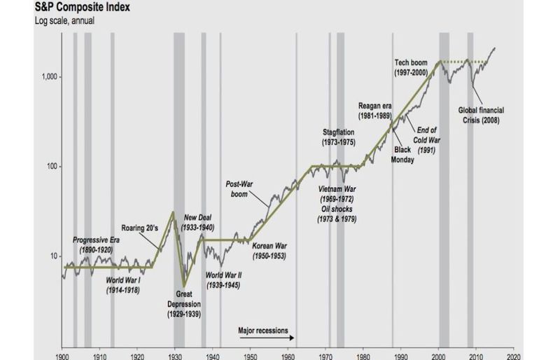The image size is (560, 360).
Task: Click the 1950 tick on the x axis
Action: pyautogui.click(x=242, y=354)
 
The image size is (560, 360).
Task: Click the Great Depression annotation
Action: pyautogui.click(x=184, y=305)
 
